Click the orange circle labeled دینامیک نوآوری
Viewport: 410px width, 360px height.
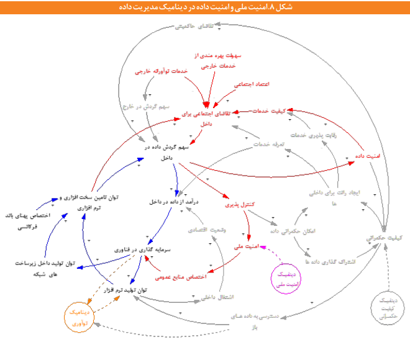(x=81, y=318)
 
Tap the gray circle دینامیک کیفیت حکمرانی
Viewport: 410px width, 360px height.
(x=387, y=308)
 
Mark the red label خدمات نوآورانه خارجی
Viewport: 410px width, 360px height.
(x=162, y=71)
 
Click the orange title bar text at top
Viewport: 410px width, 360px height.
(x=205, y=7)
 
